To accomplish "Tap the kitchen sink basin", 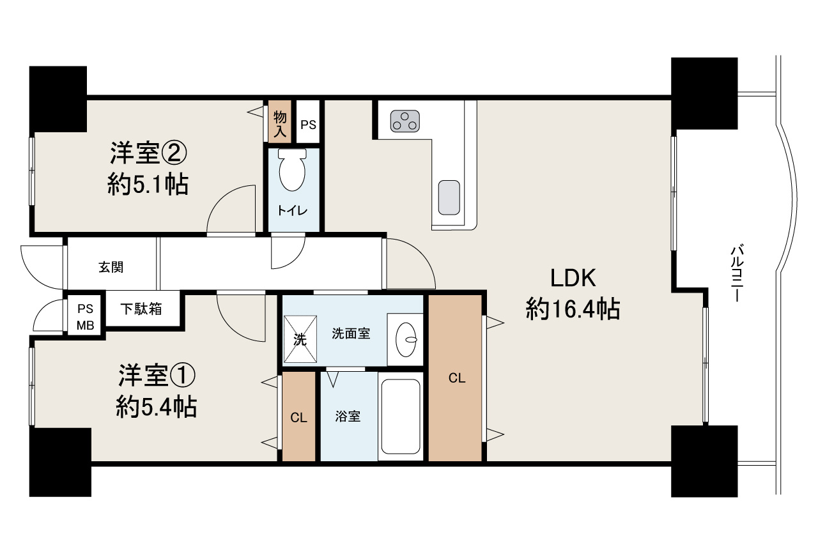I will coord(449,197).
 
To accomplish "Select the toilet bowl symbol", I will coord(293,171).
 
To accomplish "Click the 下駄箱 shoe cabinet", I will coord(142,310).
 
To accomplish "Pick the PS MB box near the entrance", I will coord(85,316).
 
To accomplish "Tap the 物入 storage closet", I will coord(279,121).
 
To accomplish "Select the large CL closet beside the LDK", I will coord(455,378).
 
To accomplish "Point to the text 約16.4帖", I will coord(573,310).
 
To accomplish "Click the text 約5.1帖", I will coord(148,185).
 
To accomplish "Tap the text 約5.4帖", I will coord(156,407).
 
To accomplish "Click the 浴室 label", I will coord(348,417).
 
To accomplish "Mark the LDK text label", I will coord(573,279).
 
